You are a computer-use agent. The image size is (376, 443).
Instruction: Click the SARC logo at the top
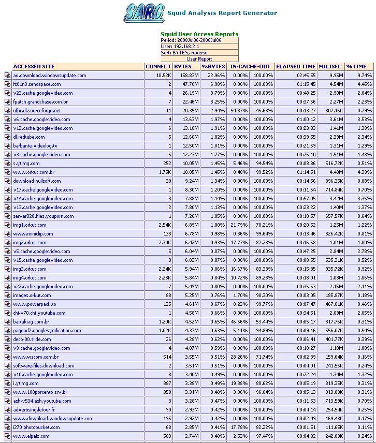coord(144,13)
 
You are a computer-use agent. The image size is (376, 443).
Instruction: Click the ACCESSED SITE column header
coord(34,67)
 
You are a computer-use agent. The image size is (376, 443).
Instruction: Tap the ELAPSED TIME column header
coord(295,67)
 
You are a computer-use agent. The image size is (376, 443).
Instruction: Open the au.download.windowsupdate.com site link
coord(50,76)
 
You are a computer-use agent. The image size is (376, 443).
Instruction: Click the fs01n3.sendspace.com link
coord(37,84)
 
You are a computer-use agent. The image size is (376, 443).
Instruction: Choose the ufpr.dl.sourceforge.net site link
coord(37,111)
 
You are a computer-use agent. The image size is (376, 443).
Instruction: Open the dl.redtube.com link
coord(29,137)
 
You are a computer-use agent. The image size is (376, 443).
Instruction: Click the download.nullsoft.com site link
coord(37,181)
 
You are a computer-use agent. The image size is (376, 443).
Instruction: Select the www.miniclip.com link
coord(33,234)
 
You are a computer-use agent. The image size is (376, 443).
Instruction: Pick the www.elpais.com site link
coord(32,436)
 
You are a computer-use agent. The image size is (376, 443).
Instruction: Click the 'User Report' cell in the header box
coord(199,59)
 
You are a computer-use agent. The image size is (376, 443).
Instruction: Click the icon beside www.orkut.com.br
coord(7,172)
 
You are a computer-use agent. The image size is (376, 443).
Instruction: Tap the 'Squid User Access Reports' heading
coord(199,34)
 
